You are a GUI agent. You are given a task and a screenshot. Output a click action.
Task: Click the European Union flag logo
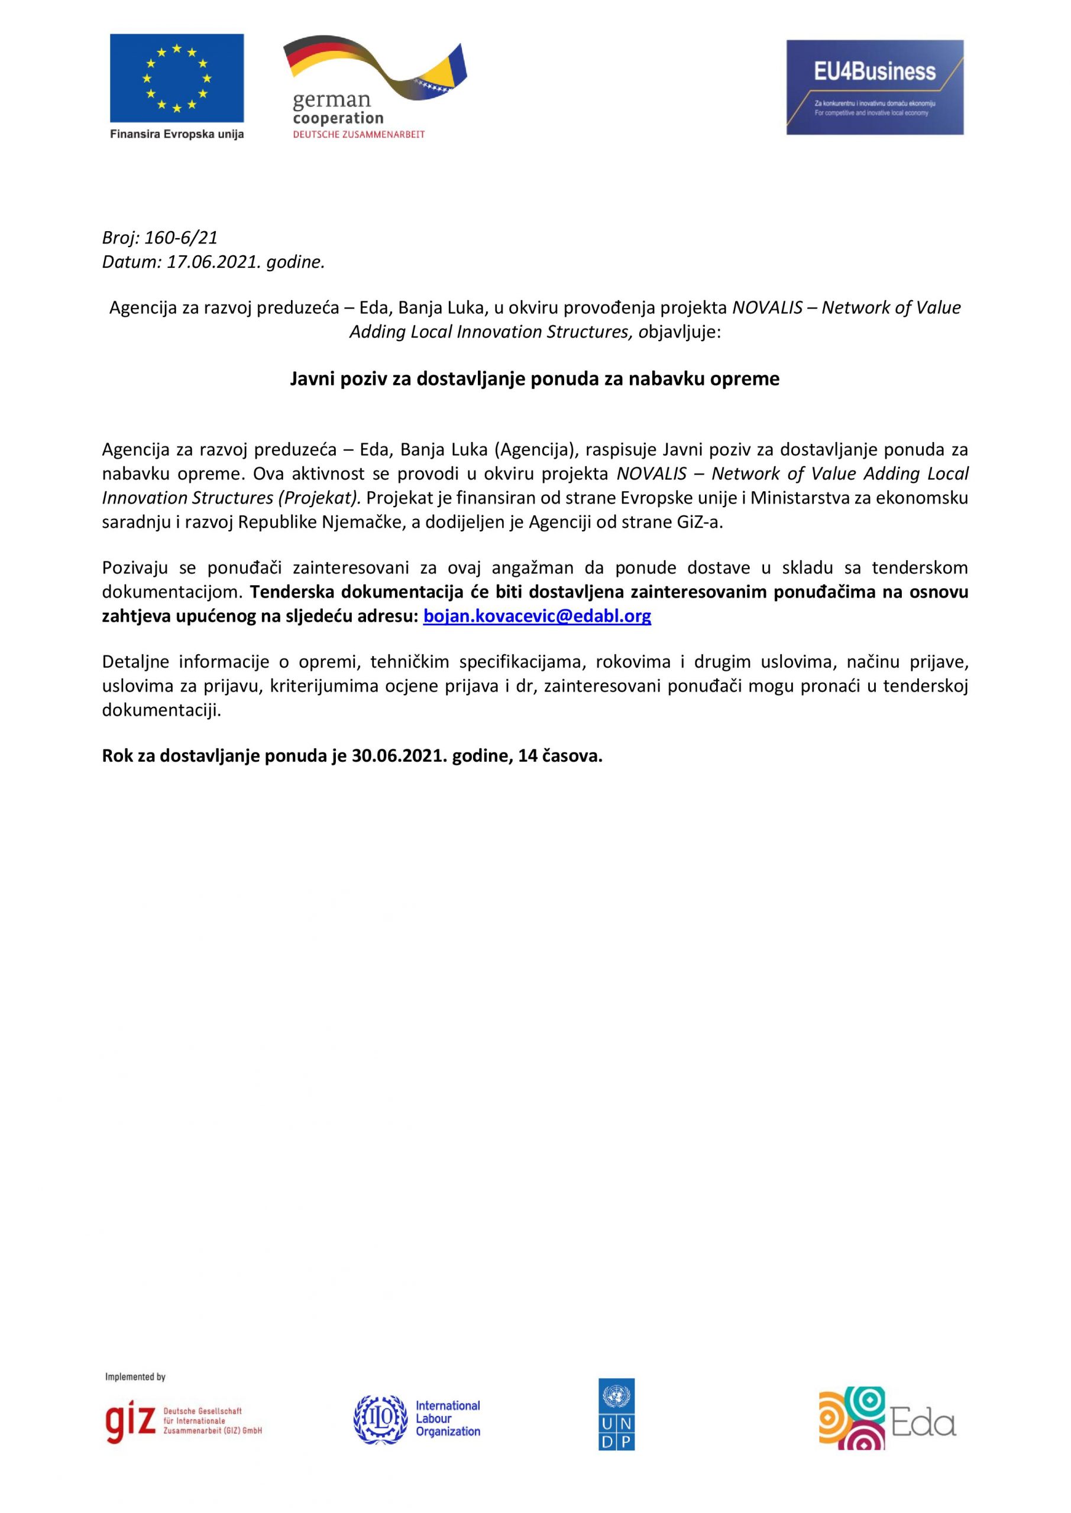click(176, 78)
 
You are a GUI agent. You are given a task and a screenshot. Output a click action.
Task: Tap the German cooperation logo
click(374, 87)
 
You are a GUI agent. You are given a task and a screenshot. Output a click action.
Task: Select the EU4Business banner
click(875, 87)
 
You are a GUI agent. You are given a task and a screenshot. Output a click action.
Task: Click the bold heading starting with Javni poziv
click(535, 379)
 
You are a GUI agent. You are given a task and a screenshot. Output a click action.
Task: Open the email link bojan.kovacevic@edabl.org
click(537, 616)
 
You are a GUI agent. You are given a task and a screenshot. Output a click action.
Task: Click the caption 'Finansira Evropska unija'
click(177, 134)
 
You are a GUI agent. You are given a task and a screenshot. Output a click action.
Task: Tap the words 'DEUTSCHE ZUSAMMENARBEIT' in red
click(359, 134)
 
